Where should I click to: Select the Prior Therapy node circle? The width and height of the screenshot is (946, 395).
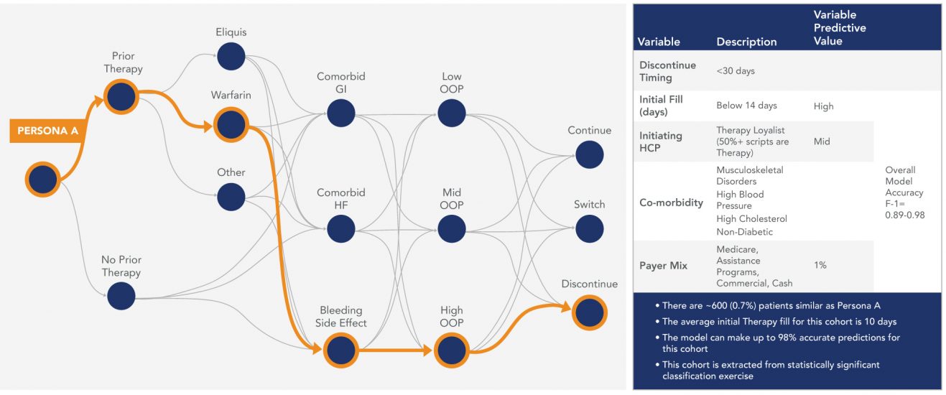[x=121, y=96]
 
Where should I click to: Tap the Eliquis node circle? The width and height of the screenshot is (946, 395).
[x=231, y=57]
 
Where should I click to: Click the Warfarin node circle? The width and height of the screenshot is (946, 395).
[x=231, y=124]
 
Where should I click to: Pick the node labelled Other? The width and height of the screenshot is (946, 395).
[x=231, y=196]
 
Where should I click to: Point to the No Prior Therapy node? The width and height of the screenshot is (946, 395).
[x=121, y=295]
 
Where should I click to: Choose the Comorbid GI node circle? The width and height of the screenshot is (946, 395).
[x=340, y=112]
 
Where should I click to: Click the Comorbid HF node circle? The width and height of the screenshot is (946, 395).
[x=340, y=228]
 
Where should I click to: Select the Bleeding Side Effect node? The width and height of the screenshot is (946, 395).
[x=340, y=350]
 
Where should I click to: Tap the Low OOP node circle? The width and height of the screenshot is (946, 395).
[x=451, y=112]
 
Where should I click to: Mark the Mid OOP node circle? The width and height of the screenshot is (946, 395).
[x=451, y=228]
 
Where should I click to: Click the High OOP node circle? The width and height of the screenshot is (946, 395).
[x=451, y=350]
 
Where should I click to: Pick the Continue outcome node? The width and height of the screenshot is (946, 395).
[x=589, y=154]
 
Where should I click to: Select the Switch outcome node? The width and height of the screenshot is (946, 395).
[x=589, y=228]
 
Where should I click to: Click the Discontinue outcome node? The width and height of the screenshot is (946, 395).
[x=589, y=312]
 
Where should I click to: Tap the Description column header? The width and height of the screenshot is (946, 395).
[x=746, y=42]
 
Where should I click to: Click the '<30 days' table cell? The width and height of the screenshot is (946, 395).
[x=736, y=71]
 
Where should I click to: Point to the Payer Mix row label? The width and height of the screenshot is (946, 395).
[x=664, y=266]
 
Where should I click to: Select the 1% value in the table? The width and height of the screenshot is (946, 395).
[x=820, y=266]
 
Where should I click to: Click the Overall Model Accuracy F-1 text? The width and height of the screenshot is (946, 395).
[x=904, y=193]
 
